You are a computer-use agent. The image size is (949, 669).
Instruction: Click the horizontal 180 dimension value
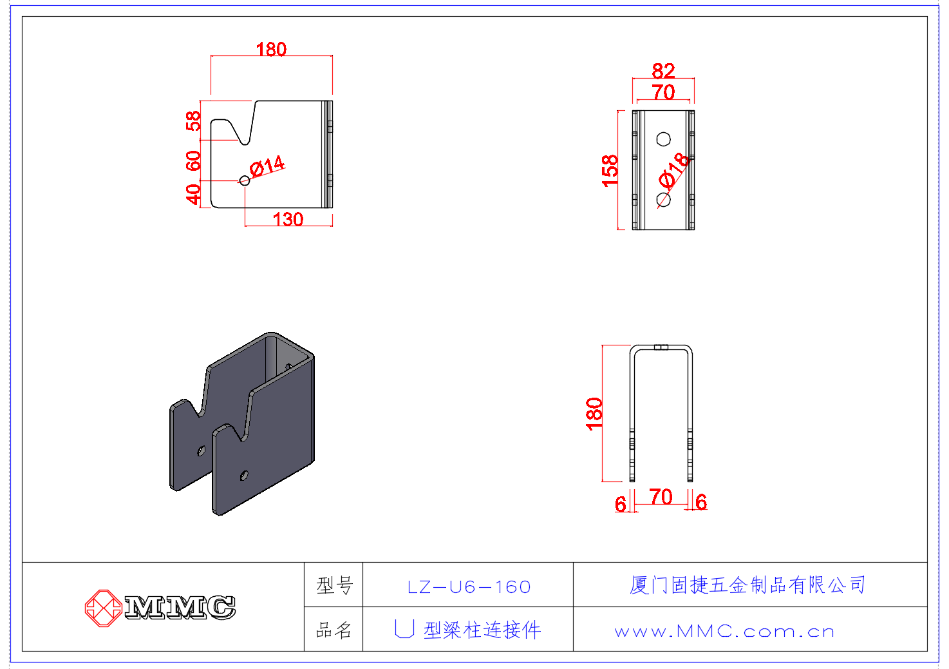coord(271,49)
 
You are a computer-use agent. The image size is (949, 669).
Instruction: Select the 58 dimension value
coord(193,121)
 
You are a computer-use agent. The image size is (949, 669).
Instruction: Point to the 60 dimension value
coord(193,160)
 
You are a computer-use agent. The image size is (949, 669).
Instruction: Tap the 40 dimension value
coord(193,193)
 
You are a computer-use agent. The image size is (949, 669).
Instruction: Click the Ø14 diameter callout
coord(267,166)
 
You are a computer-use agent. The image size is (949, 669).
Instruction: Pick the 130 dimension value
coord(288,219)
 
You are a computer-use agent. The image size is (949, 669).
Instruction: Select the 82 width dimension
coord(663,70)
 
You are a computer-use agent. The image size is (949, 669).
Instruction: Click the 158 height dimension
coord(610,171)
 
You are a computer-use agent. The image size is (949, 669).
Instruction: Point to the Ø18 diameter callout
coord(674,170)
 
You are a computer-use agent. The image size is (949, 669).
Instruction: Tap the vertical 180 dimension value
coord(594,413)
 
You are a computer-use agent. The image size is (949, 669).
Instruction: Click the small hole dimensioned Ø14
coord(245,180)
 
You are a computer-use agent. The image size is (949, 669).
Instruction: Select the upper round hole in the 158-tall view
coord(663,139)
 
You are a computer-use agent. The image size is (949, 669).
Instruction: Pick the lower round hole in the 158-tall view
coord(663,200)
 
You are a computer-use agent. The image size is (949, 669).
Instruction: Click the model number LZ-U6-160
coord(469,587)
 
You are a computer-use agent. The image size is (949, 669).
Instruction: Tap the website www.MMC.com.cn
coord(724,632)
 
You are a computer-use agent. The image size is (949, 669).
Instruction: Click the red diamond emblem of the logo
coord(103,608)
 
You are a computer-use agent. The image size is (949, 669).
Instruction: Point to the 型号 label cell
coord(334,586)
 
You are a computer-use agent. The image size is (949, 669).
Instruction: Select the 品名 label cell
coord(334,630)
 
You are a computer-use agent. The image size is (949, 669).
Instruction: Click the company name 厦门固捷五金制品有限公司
coord(747,585)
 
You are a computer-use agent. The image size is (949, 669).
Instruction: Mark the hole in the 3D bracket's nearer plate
coord(244,476)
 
